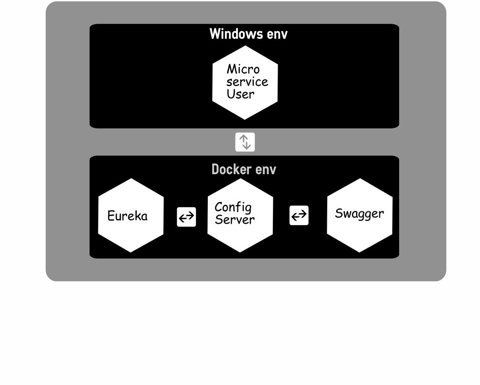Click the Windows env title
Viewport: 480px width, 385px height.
(248, 34)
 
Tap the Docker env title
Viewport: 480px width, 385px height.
(244, 169)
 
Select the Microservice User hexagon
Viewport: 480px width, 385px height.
(245, 83)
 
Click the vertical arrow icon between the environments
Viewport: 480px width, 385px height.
(245, 142)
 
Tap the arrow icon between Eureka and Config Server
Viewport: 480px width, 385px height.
(186, 217)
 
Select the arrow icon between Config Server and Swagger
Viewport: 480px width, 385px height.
(299, 215)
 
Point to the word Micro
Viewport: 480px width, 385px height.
(243, 69)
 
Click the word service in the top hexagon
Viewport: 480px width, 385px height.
(247, 81)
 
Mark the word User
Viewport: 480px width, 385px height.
(240, 94)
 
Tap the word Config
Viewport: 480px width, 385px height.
(233, 207)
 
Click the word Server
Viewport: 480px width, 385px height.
(234, 219)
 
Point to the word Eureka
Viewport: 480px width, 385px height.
(127, 216)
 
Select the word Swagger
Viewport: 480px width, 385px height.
(359, 213)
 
